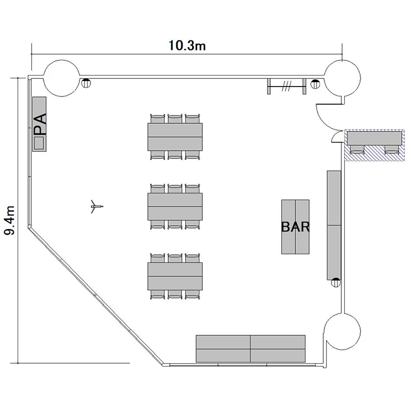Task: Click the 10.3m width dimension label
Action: tap(187, 45)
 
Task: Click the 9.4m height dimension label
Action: tap(9, 220)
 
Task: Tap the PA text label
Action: tap(41, 124)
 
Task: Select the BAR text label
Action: tap(295, 227)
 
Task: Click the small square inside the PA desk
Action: tap(39, 143)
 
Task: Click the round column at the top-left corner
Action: tap(61, 78)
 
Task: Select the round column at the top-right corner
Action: tap(342, 78)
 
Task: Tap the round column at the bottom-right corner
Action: tap(342, 332)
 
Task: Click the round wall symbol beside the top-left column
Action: tap(85, 83)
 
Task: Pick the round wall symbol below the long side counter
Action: tap(336, 282)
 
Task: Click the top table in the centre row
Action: tap(175, 137)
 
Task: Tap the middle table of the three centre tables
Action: tap(175, 207)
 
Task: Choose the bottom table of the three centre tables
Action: tap(175, 276)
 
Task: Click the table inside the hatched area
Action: tap(374, 138)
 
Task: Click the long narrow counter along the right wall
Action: tap(334, 225)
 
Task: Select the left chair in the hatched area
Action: tap(357, 149)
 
